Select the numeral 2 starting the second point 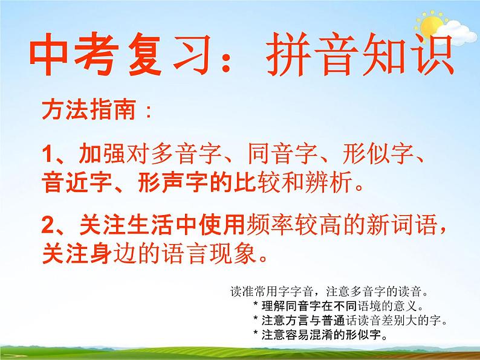click(x=49, y=226)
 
